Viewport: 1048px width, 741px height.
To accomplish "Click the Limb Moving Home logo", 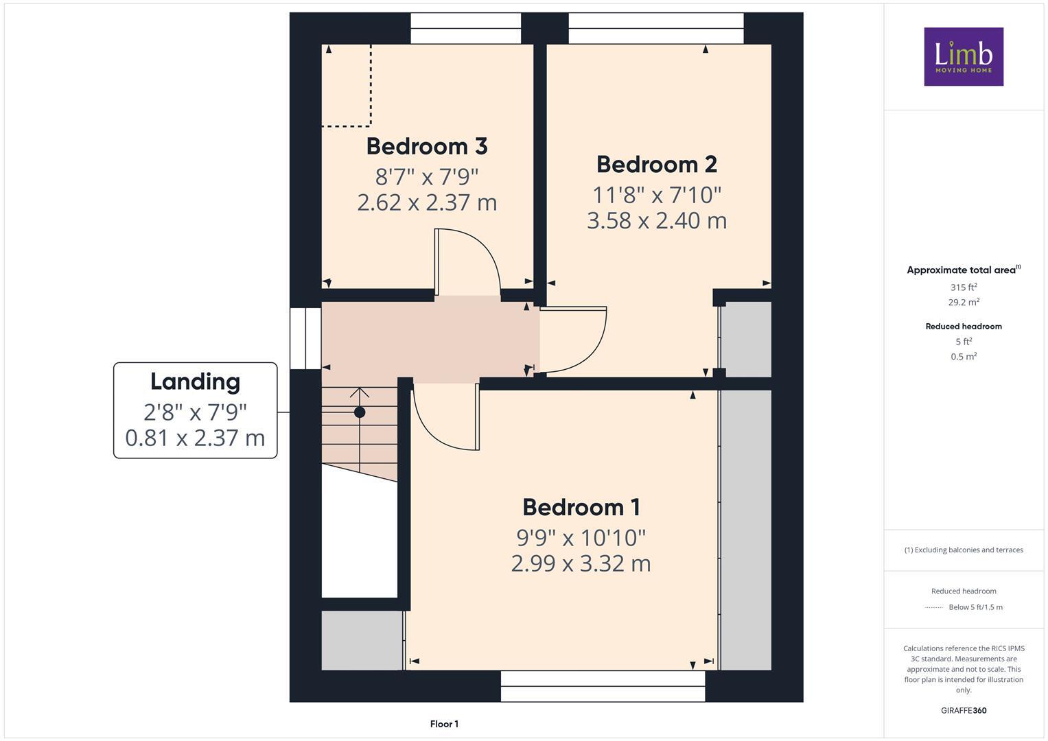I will click(x=963, y=56).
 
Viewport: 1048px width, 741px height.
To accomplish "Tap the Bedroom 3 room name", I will click(x=426, y=146).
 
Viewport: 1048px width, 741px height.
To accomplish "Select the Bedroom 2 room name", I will click(x=656, y=165).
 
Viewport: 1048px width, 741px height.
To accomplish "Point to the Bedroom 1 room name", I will click(x=581, y=508).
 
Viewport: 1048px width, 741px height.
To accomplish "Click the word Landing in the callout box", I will click(x=195, y=381).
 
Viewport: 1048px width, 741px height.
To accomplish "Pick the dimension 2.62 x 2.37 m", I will click(x=426, y=203).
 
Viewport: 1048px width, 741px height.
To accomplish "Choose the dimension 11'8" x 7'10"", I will click(x=656, y=196).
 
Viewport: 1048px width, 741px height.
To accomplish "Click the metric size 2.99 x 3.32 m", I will click(x=581, y=564).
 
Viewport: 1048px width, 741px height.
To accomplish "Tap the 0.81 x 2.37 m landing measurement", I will click(x=195, y=438).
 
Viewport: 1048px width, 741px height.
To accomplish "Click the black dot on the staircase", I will click(x=360, y=412).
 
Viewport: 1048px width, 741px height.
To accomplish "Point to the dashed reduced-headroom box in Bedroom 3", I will click(x=347, y=86).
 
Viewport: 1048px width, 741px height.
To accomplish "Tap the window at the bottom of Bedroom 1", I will click(x=603, y=686).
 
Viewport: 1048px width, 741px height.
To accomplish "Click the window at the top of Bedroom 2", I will click(x=655, y=28).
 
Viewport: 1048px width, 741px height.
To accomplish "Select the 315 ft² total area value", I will click(x=963, y=287).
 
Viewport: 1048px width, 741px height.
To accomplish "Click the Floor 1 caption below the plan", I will click(x=444, y=724).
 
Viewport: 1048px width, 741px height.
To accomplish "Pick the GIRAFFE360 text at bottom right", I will click(x=963, y=711).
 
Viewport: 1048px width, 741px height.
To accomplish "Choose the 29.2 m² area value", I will click(x=963, y=302).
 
